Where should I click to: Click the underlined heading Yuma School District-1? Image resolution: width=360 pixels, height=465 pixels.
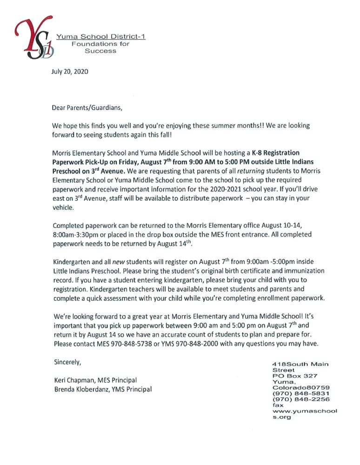tap(101, 37)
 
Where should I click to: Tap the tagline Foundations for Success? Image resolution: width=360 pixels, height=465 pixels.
tap(100, 47)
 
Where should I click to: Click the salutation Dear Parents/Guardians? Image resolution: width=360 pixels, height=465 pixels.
tap(87, 108)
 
